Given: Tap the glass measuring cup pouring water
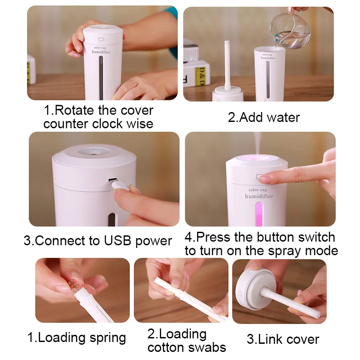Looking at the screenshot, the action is pos(290,30).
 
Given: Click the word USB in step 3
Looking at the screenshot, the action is pos(117,241).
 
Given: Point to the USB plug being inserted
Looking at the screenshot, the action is pos(119,184).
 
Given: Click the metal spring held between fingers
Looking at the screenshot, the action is pos(74,286).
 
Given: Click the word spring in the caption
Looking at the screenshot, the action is pos(108,338).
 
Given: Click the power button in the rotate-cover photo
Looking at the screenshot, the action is pos(101,39).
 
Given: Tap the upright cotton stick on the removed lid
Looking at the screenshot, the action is pos(227,65).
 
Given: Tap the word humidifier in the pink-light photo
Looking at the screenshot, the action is pos(259,196).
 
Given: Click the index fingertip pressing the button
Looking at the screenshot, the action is pos(264,178).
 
